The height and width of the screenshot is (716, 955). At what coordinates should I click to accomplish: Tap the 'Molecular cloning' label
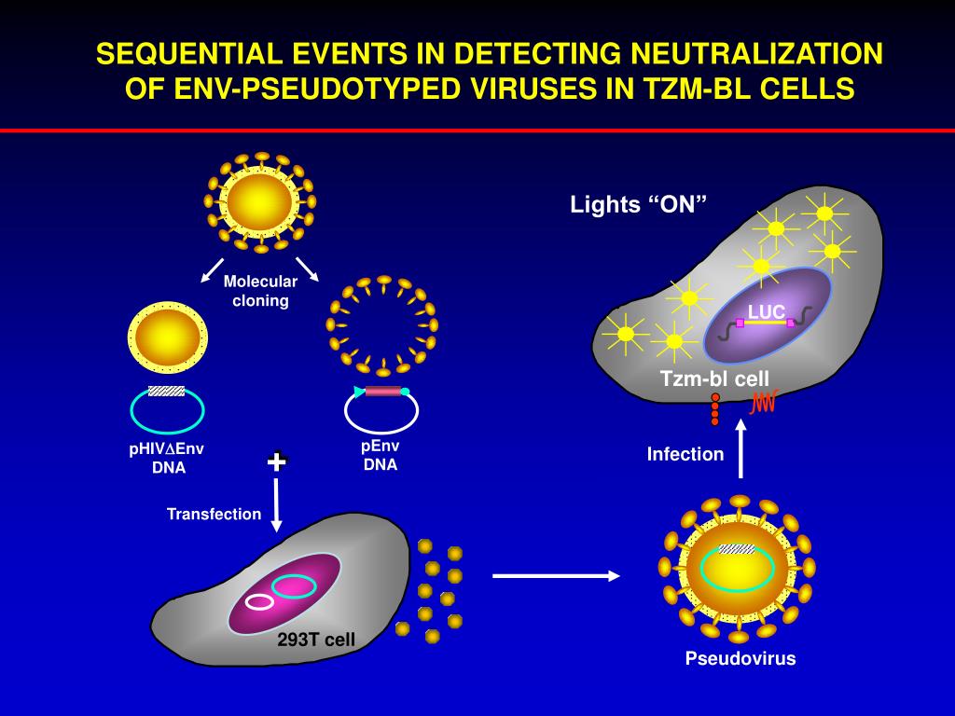click(x=260, y=291)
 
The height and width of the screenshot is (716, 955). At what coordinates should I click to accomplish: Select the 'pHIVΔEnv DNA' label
click(x=167, y=458)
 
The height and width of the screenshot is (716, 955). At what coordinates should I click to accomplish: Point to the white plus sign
click(x=277, y=461)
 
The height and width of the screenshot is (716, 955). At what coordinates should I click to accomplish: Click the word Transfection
click(x=214, y=514)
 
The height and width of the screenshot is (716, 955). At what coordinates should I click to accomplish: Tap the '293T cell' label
click(x=316, y=640)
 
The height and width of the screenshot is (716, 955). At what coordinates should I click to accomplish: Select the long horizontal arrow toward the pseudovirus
click(x=556, y=576)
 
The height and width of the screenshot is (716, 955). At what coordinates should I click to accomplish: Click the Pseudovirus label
click(x=740, y=659)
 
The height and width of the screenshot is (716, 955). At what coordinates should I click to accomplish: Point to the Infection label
click(x=685, y=454)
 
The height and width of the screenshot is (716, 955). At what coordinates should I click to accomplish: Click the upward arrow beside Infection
click(x=741, y=448)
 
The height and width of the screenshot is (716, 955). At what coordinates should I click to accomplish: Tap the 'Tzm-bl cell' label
click(x=714, y=379)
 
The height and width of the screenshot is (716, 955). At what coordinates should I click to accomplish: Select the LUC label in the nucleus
click(x=766, y=312)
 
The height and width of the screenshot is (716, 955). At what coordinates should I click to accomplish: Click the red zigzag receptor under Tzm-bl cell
click(x=765, y=403)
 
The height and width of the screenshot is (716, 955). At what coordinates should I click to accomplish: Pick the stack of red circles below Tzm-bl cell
click(x=715, y=408)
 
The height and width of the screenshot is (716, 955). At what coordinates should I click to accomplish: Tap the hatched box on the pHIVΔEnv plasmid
click(x=166, y=391)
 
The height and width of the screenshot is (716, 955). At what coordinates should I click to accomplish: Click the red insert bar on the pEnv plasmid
click(x=382, y=392)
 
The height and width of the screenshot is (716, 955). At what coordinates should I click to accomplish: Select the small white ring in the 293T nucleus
click(x=259, y=602)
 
